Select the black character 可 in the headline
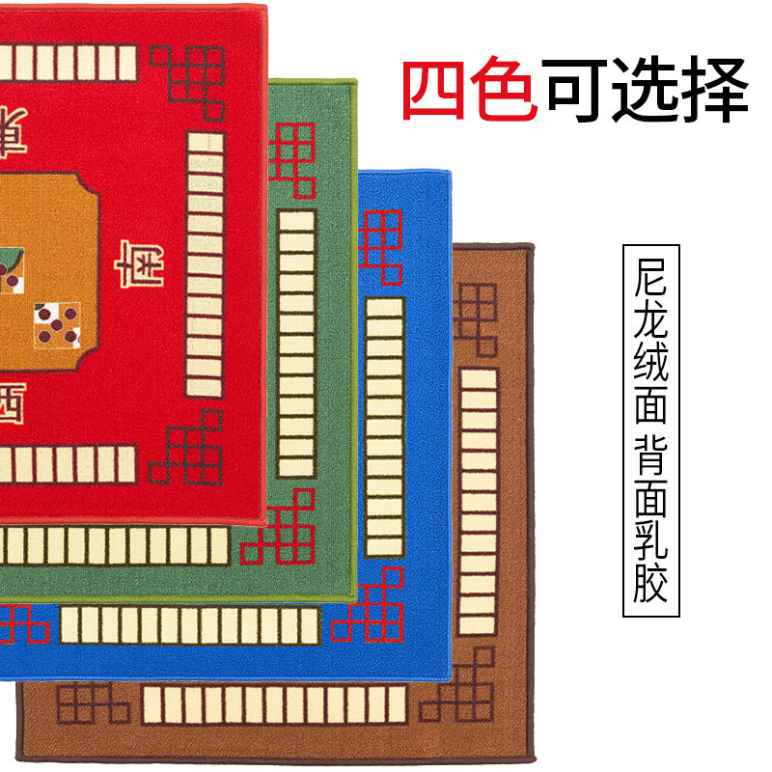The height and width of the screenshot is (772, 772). point(576,92)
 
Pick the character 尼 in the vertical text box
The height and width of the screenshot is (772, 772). point(651,279)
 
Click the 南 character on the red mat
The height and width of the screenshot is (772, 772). point(138,262)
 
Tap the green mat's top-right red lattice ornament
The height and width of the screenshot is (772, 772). point(291,157)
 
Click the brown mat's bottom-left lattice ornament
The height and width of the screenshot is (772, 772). point(92,703)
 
